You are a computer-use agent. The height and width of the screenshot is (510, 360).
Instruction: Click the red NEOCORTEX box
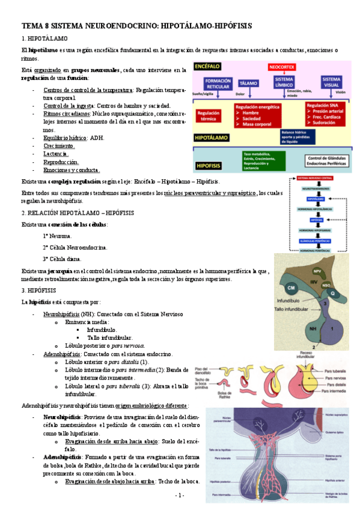tap(282, 67)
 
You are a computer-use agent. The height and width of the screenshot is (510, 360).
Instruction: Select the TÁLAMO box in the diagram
tap(248, 84)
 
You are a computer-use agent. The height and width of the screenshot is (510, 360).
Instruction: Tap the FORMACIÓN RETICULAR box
tap(218, 84)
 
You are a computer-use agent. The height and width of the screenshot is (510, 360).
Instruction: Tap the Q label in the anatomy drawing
tap(332, 294)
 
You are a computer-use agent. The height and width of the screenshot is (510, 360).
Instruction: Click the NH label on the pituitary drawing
tap(312, 330)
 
